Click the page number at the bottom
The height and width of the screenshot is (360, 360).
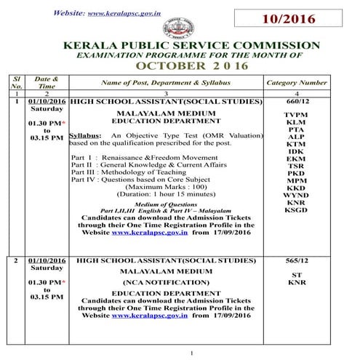(191, 353)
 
